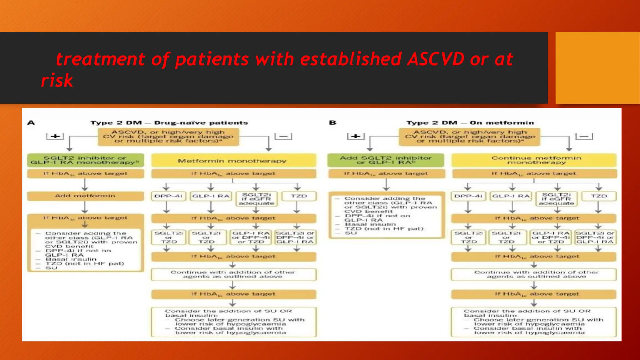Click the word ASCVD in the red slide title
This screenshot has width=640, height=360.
436,59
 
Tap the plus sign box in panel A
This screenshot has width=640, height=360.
55,136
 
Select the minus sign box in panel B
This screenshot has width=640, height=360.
584,136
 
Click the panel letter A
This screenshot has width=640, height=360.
31,122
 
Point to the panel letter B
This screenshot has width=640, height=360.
332,122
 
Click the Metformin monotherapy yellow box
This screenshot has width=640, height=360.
233,161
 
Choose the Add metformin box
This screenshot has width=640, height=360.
85,196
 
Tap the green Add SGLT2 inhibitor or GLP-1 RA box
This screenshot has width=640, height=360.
386,160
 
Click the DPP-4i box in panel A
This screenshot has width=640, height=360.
168,196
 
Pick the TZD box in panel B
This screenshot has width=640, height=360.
598,196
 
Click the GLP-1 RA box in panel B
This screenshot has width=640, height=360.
511,196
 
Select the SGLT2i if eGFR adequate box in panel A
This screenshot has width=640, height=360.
256,199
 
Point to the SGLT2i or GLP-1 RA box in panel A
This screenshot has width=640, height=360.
295,237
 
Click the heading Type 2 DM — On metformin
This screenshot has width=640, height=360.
470,123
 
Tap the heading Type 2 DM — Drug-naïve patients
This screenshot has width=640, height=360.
169,123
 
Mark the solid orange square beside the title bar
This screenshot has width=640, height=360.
597,68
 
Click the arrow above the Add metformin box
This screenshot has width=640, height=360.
85,185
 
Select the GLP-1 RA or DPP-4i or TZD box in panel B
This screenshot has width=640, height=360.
551,237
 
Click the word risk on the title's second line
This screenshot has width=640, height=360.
57,81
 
